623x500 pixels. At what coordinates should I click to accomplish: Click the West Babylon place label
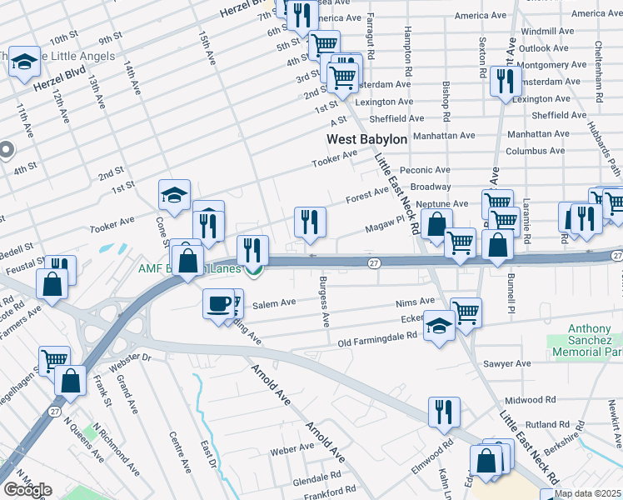pyautogui.click(x=366, y=140)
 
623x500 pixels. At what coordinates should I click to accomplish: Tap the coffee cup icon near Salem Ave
pyautogui.click(x=218, y=303)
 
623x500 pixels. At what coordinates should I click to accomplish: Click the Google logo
pyautogui.click(x=27, y=490)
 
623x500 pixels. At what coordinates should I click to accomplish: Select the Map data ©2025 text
pyautogui.click(x=587, y=493)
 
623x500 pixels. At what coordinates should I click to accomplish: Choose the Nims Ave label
pyautogui.click(x=416, y=302)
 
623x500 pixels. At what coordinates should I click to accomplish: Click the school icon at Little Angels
pyautogui.click(x=25, y=62)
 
